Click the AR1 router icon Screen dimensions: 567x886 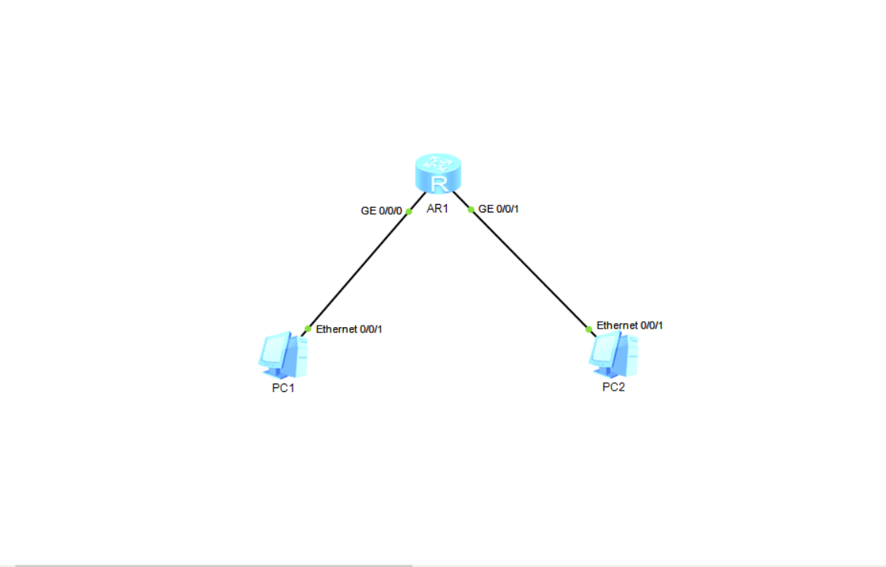[438, 173]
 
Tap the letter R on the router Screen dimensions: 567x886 [438, 183]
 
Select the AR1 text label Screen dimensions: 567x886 [437, 210]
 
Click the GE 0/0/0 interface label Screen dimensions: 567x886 [381, 210]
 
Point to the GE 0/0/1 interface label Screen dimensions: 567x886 [499, 209]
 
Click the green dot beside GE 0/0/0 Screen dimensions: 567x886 [409, 211]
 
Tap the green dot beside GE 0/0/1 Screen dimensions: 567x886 [471, 209]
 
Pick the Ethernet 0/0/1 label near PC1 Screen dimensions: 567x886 [349, 329]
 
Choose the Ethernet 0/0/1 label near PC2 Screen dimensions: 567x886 [629, 326]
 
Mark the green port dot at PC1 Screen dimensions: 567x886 [307, 329]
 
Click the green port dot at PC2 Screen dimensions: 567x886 [588, 329]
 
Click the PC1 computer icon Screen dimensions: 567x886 [284, 355]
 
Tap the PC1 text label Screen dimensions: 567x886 [283, 388]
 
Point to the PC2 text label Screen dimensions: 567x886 [613, 387]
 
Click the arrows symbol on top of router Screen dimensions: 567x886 [438, 162]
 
